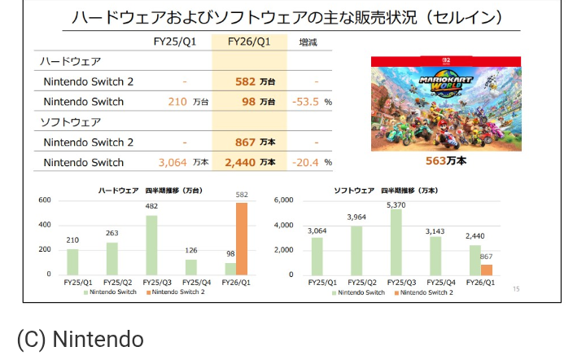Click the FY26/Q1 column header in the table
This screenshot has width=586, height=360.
[249, 42]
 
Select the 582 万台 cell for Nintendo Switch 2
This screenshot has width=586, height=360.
[255, 81]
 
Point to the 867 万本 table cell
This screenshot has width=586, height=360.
[255, 142]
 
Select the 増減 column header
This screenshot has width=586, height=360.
[308, 42]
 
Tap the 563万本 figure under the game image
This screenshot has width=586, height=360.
[446, 160]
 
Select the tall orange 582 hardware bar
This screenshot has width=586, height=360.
[241, 238]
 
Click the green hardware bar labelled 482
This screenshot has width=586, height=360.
[151, 244]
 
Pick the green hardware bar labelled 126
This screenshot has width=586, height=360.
[191, 266]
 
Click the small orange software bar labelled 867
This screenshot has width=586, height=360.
[487, 269]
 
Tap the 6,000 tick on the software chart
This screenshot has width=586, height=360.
[283, 200]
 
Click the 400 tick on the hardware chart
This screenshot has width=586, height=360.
[45, 225]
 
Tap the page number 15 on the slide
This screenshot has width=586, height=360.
[516, 288]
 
